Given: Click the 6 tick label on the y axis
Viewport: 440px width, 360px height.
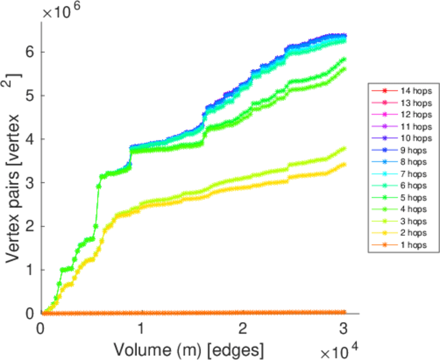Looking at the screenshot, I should click(30, 52).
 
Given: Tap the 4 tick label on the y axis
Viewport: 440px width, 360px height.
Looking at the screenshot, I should click(30, 139).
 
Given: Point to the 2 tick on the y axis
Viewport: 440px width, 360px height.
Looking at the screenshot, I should click(30, 226).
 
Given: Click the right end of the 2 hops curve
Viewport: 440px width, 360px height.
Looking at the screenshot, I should click(343, 164).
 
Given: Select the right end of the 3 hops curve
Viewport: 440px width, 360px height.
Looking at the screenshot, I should click(343, 148).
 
